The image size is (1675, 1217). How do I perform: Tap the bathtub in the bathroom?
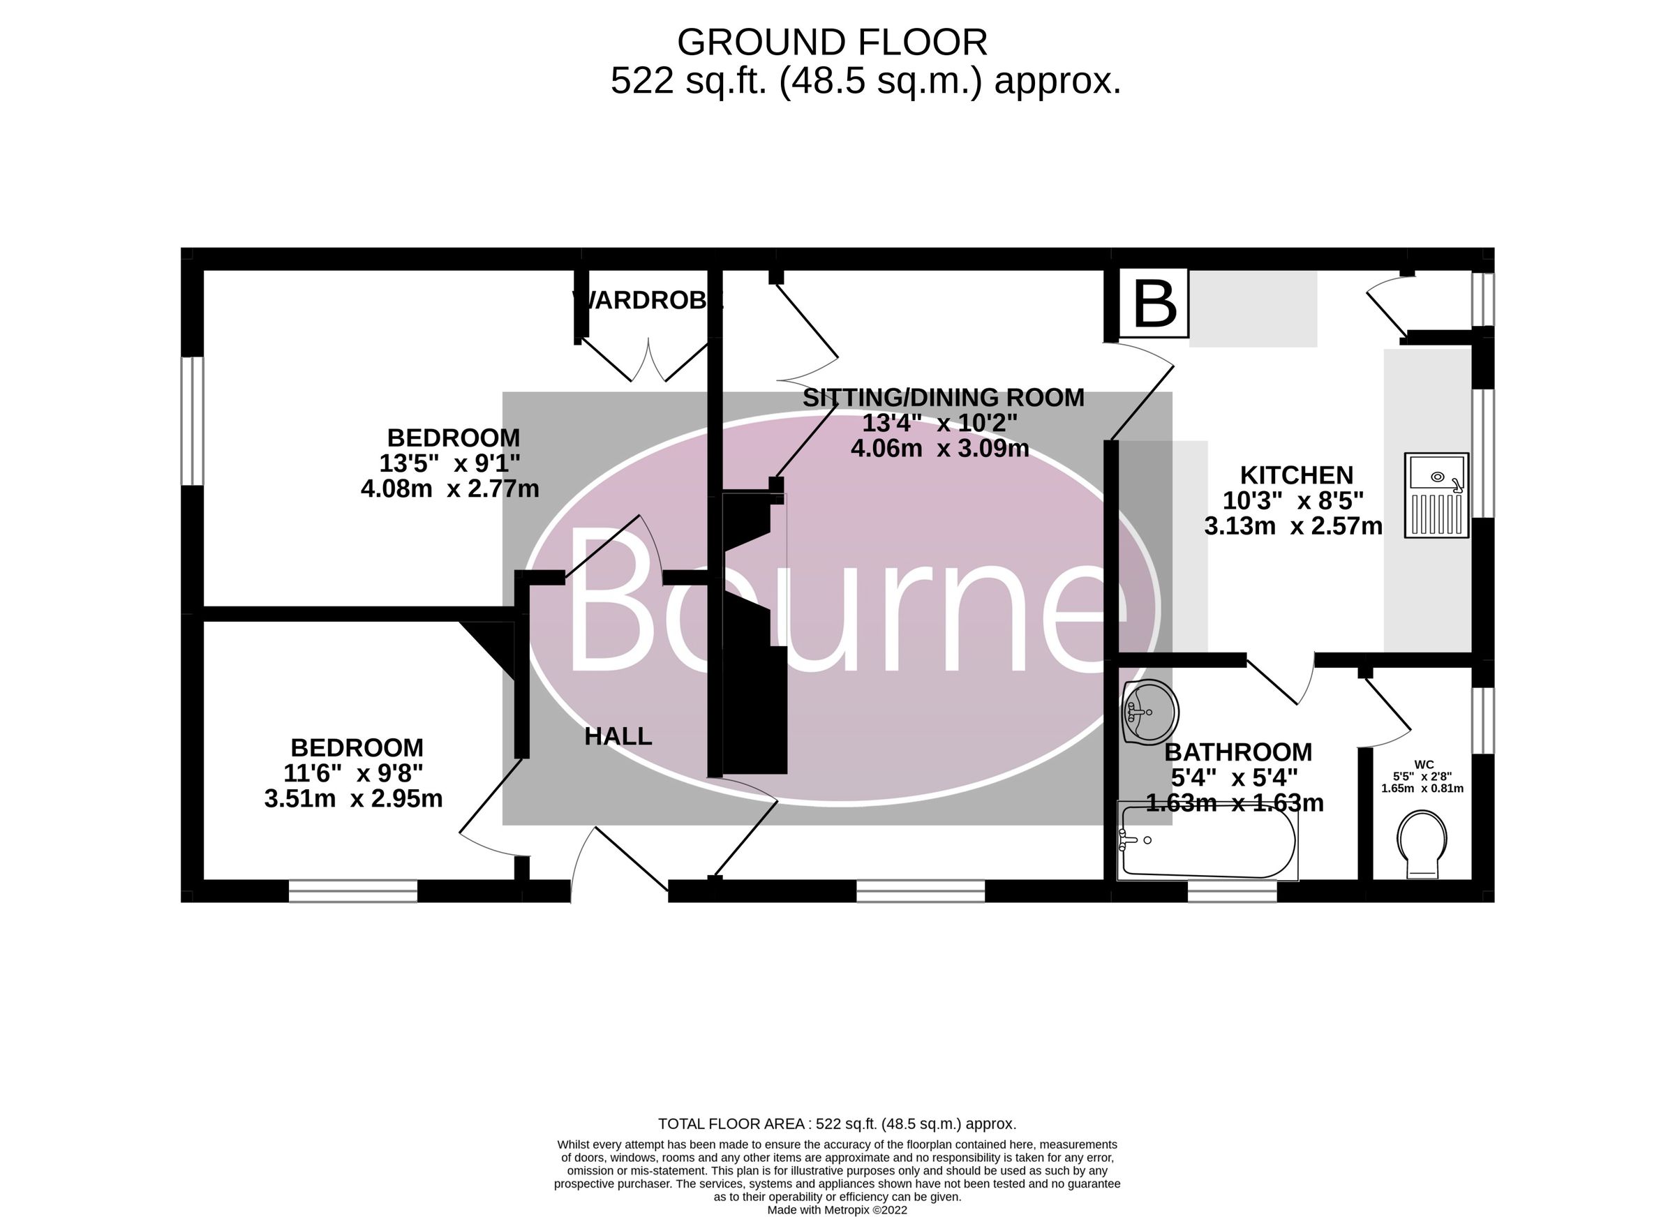[x=1207, y=842]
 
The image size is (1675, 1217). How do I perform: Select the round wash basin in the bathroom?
[x=1149, y=712]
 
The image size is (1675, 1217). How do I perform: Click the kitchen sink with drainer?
[x=1436, y=495]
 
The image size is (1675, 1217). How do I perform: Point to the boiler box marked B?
[x=1154, y=304]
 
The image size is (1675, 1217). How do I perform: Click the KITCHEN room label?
[x=1296, y=475]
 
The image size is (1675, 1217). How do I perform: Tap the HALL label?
[x=618, y=736]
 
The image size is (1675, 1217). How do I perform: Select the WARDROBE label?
[x=647, y=301]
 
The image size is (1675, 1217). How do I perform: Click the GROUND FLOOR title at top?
[x=833, y=43]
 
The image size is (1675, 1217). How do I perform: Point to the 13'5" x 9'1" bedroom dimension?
[x=449, y=463]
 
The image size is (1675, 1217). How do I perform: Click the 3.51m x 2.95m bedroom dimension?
[x=353, y=798]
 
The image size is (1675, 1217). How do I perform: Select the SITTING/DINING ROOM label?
[x=943, y=397]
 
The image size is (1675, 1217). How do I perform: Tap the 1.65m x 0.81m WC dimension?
[x=1422, y=788]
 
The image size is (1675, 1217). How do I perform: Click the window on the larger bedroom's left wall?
[x=193, y=421]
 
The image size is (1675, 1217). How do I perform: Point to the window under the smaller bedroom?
[x=353, y=890]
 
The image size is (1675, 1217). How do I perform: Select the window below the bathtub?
[x=1232, y=891]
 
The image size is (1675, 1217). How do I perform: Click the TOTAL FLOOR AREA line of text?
[x=837, y=1124]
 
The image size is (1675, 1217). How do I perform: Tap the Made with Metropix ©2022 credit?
[x=837, y=1210]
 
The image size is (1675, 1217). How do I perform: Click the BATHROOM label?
[x=1238, y=752]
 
